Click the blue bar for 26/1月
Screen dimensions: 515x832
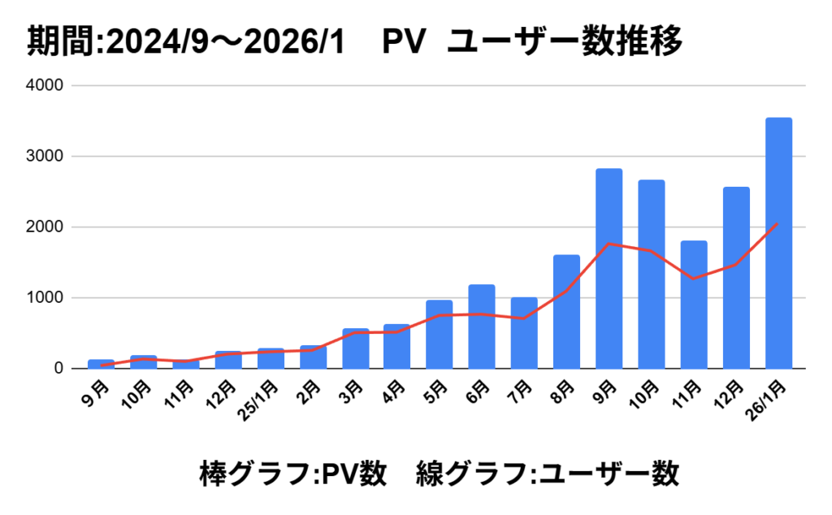point(778,244)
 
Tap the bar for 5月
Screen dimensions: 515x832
point(440,335)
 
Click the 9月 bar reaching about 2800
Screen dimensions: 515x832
point(609,268)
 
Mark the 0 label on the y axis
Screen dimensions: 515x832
point(59,369)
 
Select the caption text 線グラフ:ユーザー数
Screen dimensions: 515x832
point(547,474)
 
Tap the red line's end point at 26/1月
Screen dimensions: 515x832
point(778,223)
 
